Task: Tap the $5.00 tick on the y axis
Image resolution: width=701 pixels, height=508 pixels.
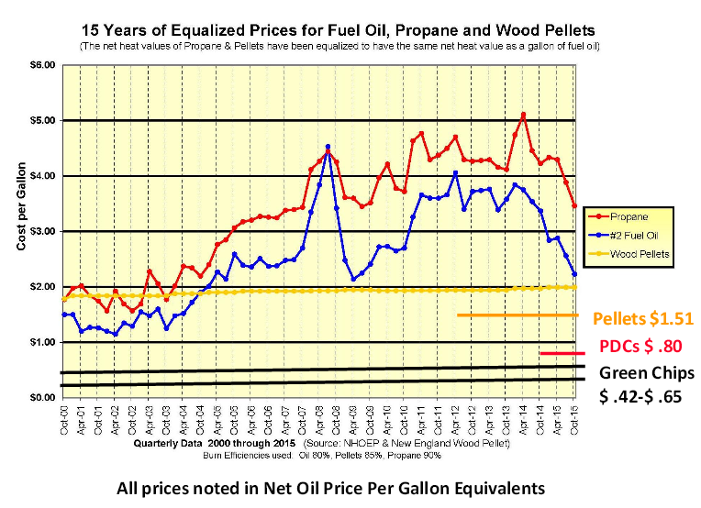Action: pyautogui.click(x=43, y=120)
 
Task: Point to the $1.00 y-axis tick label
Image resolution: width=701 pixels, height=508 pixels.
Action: pyautogui.click(x=43, y=342)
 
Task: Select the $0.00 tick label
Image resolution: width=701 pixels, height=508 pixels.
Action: pyautogui.click(x=43, y=398)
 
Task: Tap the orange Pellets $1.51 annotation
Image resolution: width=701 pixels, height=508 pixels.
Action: pyautogui.click(x=641, y=318)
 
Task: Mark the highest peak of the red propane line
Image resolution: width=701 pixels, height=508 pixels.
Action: pyautogui.click(x=523, y=115)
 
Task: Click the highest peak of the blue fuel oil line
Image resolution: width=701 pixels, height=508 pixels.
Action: pyautogui.click(x=328, y=146)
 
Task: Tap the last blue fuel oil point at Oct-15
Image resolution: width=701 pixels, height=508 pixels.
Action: pyautogui.click(x=574, y=274)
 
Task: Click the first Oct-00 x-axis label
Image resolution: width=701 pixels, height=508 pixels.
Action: pyautogui.click(x=63, y=419)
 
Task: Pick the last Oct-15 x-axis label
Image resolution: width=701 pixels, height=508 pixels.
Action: pyautogui.click(x=575, y=419)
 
